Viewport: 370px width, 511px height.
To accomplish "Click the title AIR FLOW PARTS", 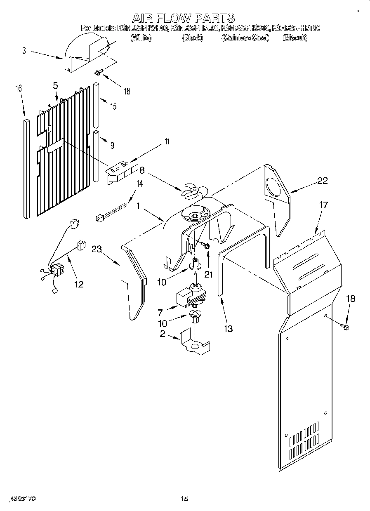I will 184,18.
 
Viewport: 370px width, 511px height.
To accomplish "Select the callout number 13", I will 228,328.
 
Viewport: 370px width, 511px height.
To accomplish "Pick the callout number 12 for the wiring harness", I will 78,284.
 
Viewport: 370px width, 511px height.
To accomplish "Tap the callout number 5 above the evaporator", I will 55,86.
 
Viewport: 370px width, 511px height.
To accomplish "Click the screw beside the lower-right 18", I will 346,327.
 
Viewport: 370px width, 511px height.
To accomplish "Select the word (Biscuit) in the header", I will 295,38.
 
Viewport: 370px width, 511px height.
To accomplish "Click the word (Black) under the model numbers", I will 192,38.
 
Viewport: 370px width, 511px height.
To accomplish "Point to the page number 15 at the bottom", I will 184,499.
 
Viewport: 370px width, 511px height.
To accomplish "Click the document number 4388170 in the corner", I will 23,499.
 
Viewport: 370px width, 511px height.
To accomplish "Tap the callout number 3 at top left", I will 24,50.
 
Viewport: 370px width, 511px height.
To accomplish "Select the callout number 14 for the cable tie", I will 140,184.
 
